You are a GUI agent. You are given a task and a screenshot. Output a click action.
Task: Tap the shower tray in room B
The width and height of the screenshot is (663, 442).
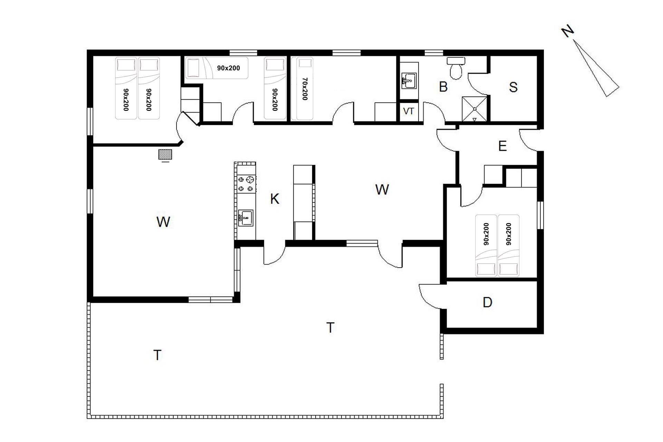[x=475, y=109]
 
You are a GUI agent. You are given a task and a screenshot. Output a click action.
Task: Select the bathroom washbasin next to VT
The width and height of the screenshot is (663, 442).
[x=409, y=81]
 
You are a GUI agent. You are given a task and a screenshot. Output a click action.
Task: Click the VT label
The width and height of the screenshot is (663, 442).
[x=409, y=112]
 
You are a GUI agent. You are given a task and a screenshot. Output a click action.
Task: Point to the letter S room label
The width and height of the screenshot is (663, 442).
[x=513, y=87]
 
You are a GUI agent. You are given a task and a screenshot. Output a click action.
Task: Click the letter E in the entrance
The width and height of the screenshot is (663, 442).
[x=502, y=146]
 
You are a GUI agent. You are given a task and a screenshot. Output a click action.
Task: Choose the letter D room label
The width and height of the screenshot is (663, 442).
[x=487, y=302]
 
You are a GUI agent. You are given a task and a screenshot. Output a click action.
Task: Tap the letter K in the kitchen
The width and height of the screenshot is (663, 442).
[x=275, y=199]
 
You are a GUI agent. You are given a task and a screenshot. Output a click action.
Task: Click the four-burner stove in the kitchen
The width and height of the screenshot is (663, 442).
[x=247, y=184]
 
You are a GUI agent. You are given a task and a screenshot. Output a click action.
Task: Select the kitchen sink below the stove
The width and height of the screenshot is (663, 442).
[x=246, y=218]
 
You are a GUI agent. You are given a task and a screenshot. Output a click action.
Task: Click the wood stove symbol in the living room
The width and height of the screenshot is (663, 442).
[x=165, y=155]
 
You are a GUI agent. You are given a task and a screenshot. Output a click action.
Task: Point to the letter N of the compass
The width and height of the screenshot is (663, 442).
[x=568, y=32]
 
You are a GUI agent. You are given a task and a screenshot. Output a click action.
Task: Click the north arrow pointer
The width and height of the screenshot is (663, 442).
[x=596, y=68]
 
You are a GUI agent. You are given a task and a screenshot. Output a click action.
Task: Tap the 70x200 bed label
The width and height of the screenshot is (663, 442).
[x=304, y=89]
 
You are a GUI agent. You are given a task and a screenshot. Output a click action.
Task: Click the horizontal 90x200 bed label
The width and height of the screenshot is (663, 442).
[x=228, y=68]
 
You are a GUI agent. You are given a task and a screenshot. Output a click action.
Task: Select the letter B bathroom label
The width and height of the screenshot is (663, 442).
[x=443, y=87]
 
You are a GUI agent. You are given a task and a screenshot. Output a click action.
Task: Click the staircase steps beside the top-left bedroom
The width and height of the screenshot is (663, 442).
[x=190, y=104]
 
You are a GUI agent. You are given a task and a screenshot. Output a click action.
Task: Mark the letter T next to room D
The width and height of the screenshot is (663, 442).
[x=330, y=327]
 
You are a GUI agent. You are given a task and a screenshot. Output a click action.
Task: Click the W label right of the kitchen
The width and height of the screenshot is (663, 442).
[x=382, y=190]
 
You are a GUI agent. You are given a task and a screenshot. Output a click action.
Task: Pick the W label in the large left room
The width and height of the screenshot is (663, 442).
[x=163, y=222]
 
